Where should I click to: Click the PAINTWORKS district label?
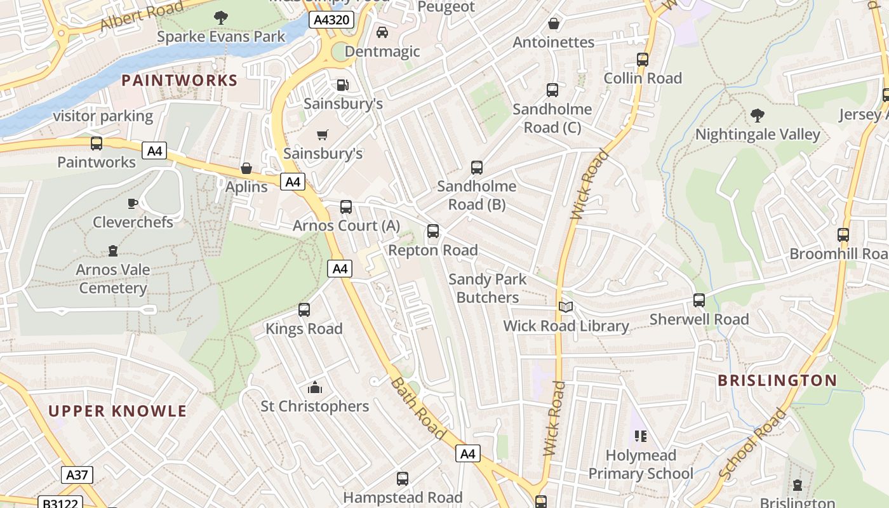179,81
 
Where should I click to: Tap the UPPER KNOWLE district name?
117,411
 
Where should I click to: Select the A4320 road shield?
331,20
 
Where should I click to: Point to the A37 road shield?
77,474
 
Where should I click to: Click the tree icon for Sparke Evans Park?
221,18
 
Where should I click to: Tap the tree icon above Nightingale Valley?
757,116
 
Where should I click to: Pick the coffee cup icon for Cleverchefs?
132,203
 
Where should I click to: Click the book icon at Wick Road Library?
566,307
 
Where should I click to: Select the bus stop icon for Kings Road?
304,310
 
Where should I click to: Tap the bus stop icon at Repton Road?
433,231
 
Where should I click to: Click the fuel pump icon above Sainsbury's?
342,84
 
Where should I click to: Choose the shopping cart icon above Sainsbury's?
323,135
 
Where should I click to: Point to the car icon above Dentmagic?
382,32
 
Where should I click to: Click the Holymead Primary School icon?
640,436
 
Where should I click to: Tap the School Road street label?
753,444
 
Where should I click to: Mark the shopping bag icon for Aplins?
246,168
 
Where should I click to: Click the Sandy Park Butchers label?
488,288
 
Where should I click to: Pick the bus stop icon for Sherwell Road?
699,300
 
